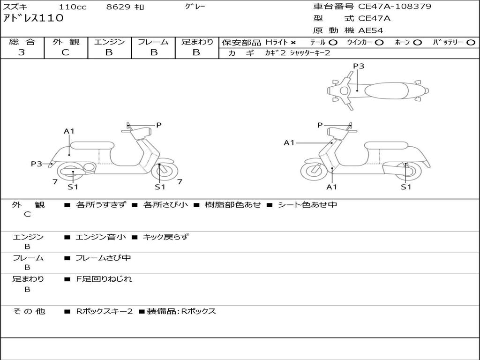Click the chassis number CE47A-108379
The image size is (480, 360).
(395, 7)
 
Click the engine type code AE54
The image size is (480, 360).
(370, 30)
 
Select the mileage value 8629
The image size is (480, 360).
(119, 7)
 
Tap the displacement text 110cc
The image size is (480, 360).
(73, 7)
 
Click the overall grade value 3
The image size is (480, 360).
(22, 52)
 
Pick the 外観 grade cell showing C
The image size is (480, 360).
(65, 52)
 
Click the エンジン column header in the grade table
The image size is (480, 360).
(109, 42)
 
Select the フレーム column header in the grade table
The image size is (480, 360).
(153, 42)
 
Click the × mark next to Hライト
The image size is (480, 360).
(293, 43)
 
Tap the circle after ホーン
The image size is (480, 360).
(418, 43)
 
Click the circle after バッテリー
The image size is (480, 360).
(471, 43)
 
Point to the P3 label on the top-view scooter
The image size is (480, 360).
(359, 66)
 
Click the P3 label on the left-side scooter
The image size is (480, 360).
(37, 164)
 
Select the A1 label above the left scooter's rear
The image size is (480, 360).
(69, 131)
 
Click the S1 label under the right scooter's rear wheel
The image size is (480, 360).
(406, 187)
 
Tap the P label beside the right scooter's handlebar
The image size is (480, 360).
(320, 125)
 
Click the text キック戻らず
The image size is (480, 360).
(165, 237)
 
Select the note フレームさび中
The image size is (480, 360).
(103, 258)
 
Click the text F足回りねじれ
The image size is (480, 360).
(104, 279)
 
